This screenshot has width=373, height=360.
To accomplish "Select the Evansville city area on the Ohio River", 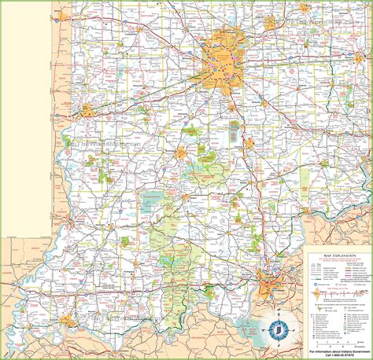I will click(68, 321).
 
